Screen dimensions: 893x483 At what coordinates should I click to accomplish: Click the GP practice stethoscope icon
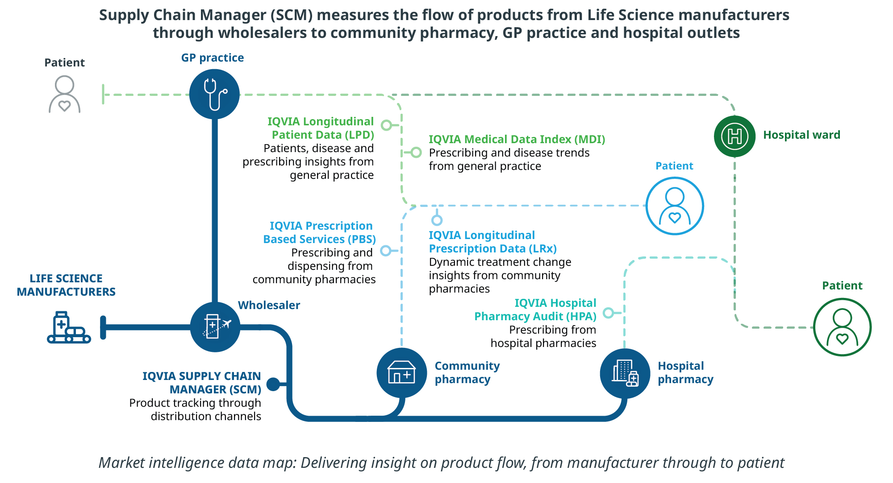(x=214, y=94)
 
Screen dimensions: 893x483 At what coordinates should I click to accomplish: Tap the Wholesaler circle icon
(x=215, y=327)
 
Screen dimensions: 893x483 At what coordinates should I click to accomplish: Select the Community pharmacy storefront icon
(x=402, y=373)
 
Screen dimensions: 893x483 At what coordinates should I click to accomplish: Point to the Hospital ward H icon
(x=734, y=136)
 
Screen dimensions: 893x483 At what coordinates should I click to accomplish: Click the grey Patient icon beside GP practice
(x=65, y=94)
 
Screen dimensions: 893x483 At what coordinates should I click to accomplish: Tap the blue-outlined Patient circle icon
(x=675, y=206)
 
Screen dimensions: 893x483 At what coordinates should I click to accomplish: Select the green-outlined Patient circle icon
(x=842, y=327)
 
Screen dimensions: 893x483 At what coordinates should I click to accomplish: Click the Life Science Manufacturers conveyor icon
(x=69, y=327)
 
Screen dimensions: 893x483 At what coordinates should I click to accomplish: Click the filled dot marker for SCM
(x=273, y=384)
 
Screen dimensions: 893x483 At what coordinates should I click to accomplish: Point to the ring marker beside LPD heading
(x=387, y=125)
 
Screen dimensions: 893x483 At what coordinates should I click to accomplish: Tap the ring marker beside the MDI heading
(x=416, y=153)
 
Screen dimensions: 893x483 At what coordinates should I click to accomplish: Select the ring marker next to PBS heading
(x=386, y=251)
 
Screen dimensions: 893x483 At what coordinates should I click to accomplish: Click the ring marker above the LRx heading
(x=437, y=220)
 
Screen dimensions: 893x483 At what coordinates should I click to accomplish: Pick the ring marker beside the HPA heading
(x=608, y=313)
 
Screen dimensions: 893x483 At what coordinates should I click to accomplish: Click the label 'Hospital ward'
(x=801, y=135)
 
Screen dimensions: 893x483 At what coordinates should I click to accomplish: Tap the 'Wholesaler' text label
(x=269, y=305)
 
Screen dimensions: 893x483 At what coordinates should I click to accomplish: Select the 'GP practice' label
(x=213, y=58)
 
